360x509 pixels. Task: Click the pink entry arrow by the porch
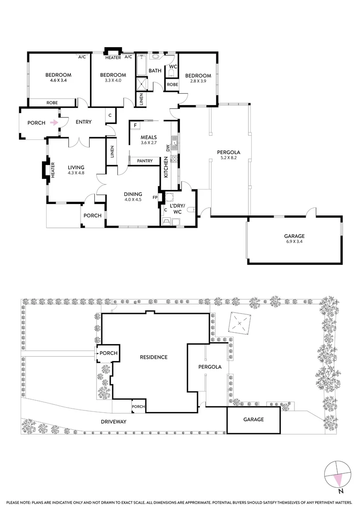[x=55, y=123]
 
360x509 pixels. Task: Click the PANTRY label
[x=145, y=161]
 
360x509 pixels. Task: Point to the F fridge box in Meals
[x=135, y=125]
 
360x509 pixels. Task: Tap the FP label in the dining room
[x=155, y=197]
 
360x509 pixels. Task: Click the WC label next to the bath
[x=172, y=67]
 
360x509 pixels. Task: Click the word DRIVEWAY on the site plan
[x=113, y=421]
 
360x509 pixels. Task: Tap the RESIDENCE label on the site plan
[x=154, y=357]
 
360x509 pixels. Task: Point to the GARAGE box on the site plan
[x=254, y=420]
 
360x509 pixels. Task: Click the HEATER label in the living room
[x=53, y=170]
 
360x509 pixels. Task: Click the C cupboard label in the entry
[x=110, y=115]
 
